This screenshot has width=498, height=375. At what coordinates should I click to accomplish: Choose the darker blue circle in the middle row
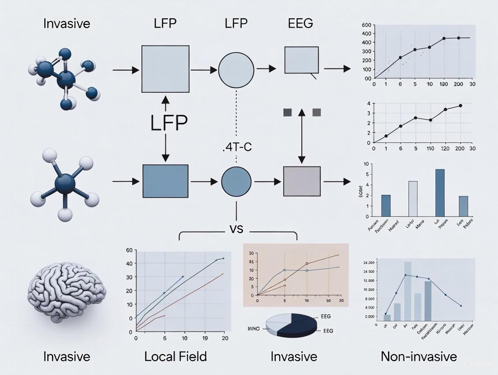[x=236, y=182]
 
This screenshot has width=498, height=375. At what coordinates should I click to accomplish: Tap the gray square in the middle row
[x=302, y=181]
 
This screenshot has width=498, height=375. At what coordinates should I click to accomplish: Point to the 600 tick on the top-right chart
[x=366, y=25]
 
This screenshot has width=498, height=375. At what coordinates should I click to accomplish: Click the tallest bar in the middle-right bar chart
[x=439, y=193]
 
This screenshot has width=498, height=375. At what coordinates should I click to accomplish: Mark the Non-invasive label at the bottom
[x=419, y=357]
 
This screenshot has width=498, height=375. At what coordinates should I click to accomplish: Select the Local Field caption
[x=175, y=357]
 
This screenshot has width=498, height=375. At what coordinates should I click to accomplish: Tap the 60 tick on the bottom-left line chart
[x=129, y=250]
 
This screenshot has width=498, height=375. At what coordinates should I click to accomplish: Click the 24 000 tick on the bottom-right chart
[x=369, y=262]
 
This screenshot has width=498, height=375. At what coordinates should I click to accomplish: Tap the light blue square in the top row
[x=166, y=69]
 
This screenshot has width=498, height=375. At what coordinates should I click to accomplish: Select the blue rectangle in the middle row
[x=166, y=181]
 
